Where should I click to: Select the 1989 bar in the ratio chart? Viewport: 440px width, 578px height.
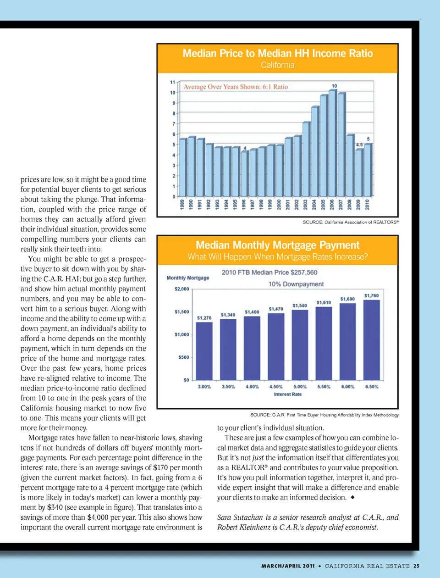pyautogui.click(x=182, y=167)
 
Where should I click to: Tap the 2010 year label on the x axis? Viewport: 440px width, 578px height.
pyautogui.click(x=367, y=204)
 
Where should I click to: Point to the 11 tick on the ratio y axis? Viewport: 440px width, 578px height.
pyautogui.click(x=173, y=83)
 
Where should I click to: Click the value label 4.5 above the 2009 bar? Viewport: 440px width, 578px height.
pyautogui.click(x=359, y=145)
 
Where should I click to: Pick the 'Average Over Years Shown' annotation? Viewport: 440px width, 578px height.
pyautogui.click(x=236, y=87)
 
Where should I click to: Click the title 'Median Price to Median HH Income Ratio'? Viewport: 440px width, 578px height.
pyautogui.click(x=278, y=54)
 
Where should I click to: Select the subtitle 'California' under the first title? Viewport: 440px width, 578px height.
pyautogui.click(x=278, y=65)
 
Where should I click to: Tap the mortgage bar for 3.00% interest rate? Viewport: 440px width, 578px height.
pyautogui.click(x=204, y=351)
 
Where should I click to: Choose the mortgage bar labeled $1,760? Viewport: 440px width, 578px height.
pyautogui.click(x=371, y=339)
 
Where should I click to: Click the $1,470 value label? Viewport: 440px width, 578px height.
pyautogui.click(x=276, y=309)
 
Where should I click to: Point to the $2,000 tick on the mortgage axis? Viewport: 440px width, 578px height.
pyautogui.click(x=182, y=289)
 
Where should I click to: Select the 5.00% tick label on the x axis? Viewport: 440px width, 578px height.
pyautogui.click(x=300, y=387)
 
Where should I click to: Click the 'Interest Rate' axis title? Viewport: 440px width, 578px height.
pyautogui.click(x=288, y=394)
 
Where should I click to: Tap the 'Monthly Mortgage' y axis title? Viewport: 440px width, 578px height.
pyautogui.click(x=188, y=278)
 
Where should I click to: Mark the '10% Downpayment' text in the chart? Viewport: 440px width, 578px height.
pyautogui.click(x=296, y=284)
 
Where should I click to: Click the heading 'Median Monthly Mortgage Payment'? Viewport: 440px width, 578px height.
pyautogui.click(x=278, y=245)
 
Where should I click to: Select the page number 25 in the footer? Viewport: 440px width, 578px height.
pyautogui.click(x=416, y=566)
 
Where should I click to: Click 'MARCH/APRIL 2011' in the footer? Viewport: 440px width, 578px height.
pyautogui.click(x=288, y=566)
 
